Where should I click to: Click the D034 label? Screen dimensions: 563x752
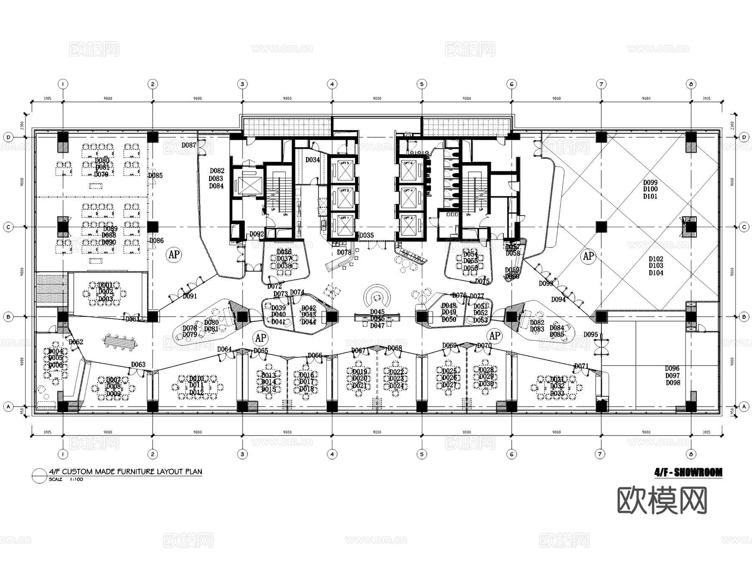[x=312, y=160]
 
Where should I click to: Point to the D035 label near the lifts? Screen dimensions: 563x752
[x=366, y=235]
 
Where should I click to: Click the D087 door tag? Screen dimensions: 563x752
[x=189, y=145]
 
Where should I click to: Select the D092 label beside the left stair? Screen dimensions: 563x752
[x=257, y=234]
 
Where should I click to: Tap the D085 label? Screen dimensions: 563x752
[x=155, y=176]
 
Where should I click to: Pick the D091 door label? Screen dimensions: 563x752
[x=190, y=296]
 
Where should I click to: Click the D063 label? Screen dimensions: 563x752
[x=138, y=364]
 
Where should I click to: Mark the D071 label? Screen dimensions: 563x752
[x=581, y=366]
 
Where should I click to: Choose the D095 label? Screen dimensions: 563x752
[x=591, y=334]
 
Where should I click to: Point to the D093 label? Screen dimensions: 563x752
[x=546, y=283]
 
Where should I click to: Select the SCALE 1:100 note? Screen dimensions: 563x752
[x=66, y=479]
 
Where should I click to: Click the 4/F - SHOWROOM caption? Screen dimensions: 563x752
[x=688, y=473]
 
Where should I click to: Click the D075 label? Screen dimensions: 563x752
[x=482, y=281]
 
